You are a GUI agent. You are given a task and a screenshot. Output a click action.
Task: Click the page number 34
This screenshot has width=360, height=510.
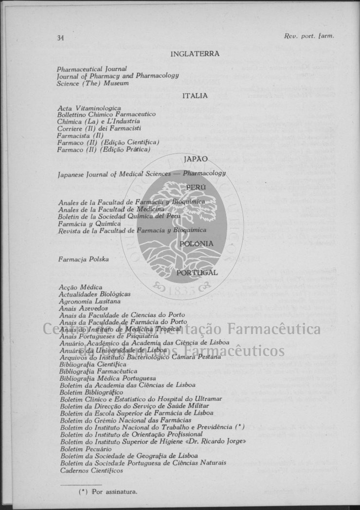(60, 38)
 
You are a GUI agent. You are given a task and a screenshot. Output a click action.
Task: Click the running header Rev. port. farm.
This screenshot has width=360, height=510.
(309, 35)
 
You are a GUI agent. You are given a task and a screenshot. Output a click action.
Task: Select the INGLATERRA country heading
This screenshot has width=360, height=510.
(195, 54)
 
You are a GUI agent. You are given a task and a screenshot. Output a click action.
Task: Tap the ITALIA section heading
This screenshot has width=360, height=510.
(195, 96)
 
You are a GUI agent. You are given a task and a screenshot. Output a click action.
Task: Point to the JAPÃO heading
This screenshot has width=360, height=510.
(196, 159)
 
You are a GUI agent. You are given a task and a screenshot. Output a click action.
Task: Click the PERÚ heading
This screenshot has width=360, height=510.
(196, 187)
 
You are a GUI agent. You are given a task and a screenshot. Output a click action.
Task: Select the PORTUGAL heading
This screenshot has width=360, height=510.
(197, 273)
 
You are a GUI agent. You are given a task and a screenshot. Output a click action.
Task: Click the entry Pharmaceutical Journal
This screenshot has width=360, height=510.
(91, 70)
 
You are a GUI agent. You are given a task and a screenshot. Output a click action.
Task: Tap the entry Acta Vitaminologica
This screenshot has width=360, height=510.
(89, 108)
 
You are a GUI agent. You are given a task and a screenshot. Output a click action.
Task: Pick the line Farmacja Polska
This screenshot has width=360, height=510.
(83, 259)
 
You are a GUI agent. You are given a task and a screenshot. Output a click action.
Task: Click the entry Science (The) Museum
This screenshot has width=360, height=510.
(92, 83)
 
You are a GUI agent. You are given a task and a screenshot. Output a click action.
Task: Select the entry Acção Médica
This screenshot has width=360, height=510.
(80, 288)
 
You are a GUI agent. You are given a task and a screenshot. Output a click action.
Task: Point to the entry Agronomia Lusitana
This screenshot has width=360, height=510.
(89, 301)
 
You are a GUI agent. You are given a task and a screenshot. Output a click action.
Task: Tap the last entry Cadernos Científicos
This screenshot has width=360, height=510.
(91, 470)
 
